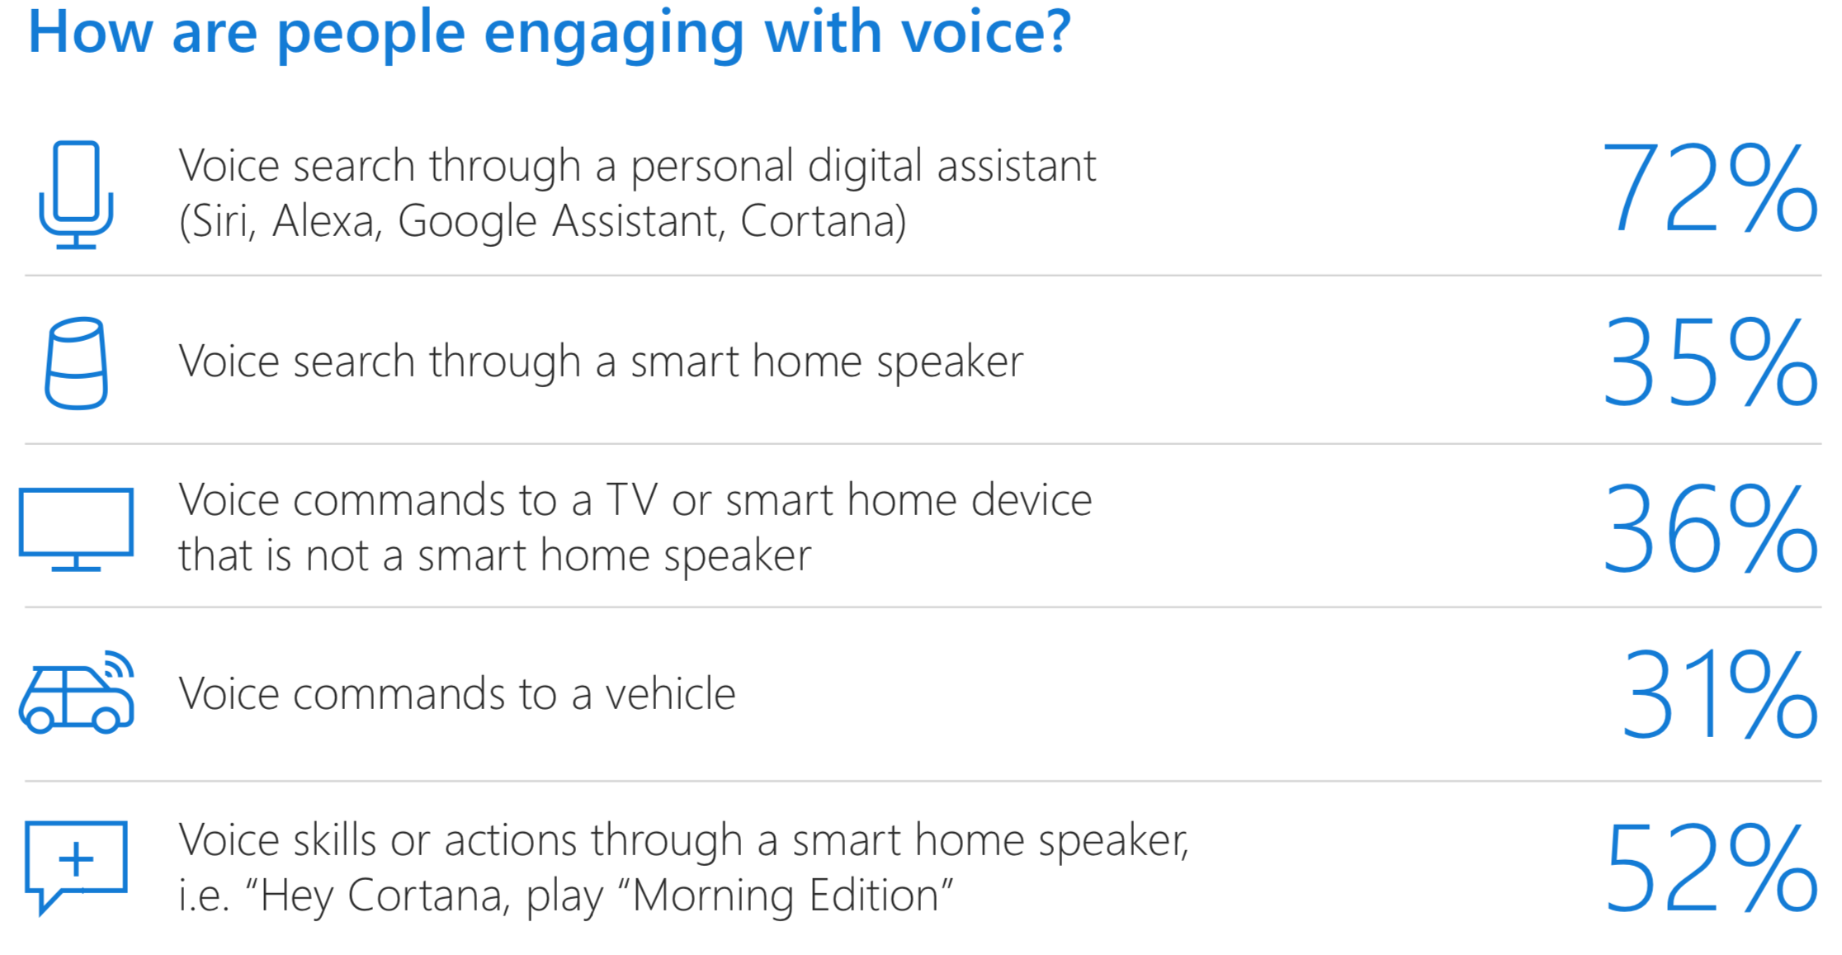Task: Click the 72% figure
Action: point(1709,188)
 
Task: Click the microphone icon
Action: point(76,195)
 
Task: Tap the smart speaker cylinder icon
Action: point(76,363)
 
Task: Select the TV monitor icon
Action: point(76,529)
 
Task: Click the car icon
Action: point(76,693)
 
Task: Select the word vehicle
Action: point(670,693)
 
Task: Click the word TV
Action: point(632,500)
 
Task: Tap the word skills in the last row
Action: point(333,840)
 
